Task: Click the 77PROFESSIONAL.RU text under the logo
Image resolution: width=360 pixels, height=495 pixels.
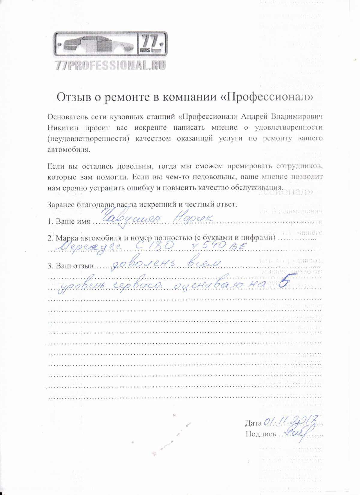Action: tap(110, 65)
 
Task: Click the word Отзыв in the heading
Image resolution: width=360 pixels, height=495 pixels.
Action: tap(73, 97)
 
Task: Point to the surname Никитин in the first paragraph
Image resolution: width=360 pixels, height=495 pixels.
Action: tap(63, 127)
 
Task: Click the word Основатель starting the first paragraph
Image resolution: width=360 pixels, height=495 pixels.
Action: tap(65, 116)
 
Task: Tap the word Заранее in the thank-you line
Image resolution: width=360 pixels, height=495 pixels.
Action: tap(61, 205)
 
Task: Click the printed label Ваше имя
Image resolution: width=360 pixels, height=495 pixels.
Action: tap(73, 221)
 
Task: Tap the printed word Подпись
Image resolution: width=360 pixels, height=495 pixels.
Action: tap(261, 434)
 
